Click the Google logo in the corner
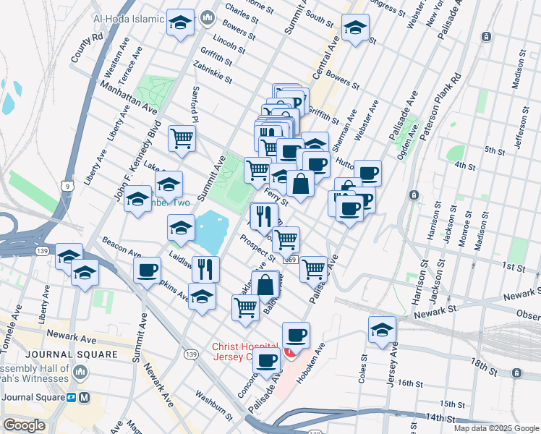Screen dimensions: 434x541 tap(24, 425)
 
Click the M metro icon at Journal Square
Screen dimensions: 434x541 tap(85, 398)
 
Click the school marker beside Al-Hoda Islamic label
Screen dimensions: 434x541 tap(180, 23)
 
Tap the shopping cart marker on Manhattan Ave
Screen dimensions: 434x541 tap(182, 138)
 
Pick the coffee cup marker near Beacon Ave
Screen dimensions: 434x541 tap(148, 271)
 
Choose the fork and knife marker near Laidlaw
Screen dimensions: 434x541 tap(205, 269)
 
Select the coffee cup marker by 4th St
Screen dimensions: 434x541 tap(367, 173)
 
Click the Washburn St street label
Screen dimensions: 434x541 tap(213, 406)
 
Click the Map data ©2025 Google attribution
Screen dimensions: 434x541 tap(495, 428)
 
